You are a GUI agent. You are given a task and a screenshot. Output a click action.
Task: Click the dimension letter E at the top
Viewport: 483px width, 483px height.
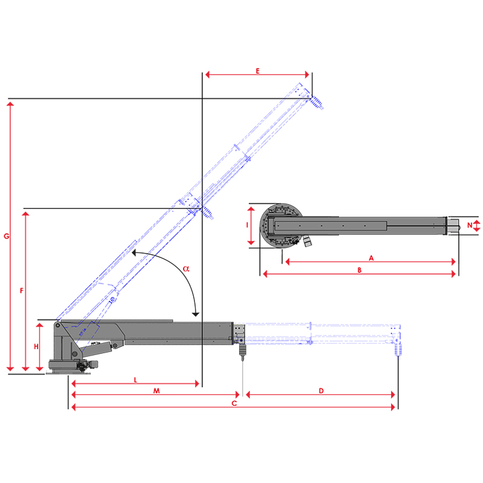coord(258,71)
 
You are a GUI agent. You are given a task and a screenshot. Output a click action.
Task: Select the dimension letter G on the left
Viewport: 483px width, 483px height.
coord(7,236)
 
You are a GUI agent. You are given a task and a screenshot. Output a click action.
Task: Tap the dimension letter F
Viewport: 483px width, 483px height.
coord(22,290)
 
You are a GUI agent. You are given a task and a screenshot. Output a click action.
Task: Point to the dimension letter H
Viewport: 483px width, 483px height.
coord(36,347)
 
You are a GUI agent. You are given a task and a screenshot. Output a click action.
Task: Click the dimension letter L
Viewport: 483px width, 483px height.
coord(135,380)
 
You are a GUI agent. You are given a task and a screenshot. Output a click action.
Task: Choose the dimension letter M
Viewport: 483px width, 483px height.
coord(156,391)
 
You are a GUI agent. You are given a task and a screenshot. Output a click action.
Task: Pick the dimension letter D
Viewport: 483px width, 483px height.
coord(321,391)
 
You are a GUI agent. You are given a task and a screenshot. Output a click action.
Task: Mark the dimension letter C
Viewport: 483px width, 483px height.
coord(234,403)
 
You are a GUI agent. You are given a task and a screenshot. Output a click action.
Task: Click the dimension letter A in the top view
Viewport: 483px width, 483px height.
coord(371,258)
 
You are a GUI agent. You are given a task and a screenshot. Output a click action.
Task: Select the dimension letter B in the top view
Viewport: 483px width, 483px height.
coord(359,270)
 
